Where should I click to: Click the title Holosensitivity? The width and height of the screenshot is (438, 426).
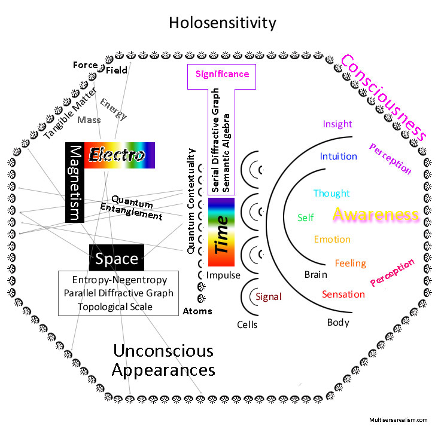pos(222,23)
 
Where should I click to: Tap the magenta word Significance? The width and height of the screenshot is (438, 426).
pos(222,75)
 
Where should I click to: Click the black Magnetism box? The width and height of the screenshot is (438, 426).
pos(74,182)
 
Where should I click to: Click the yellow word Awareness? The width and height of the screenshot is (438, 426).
pos(375,215)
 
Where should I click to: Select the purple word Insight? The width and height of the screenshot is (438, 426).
pos(337,124)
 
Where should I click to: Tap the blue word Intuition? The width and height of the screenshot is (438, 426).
pos(338,157)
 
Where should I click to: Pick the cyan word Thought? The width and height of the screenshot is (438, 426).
pos(331,194)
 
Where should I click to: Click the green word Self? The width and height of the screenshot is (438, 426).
pos(305,217)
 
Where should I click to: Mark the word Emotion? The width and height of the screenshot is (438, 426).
pos(332,240)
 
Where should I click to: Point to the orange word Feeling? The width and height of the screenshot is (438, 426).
pos(350,263)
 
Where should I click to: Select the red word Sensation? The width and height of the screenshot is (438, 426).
pos(343,294)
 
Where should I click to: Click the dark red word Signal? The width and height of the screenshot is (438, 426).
pos(268,296)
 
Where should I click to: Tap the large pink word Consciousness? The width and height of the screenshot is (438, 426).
pos(383,97)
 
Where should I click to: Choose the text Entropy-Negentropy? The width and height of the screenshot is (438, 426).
pos(119,280)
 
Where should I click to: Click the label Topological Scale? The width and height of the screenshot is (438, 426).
pos(115,307)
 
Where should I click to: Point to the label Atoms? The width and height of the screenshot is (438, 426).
pos(197,311)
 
